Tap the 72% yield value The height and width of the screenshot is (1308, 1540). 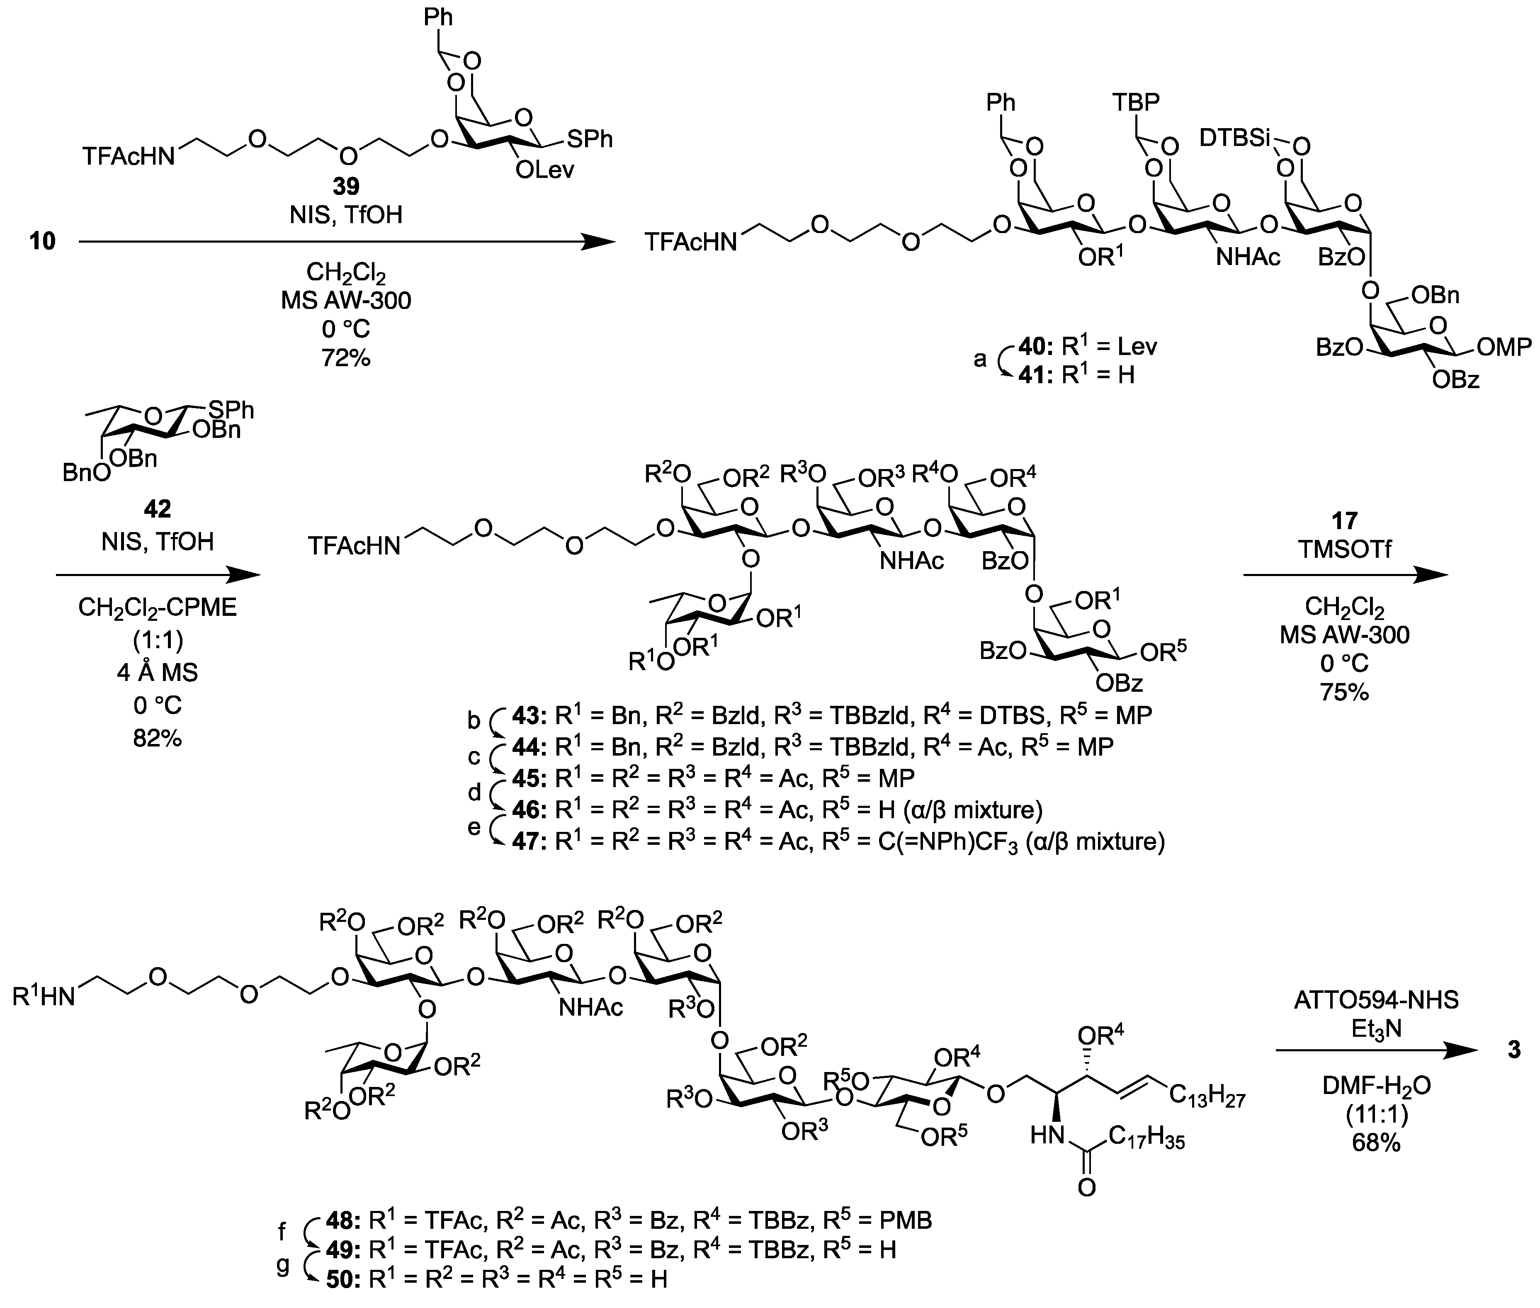coord(345,358)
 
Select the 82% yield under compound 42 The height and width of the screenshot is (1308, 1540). coord(157,738)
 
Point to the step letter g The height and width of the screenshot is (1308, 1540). coord(282,1265)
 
